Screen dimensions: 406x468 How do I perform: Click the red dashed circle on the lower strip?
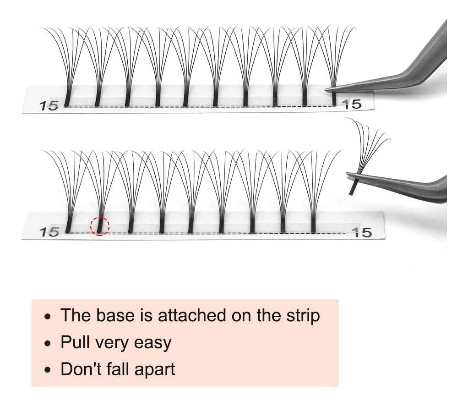(100, 226)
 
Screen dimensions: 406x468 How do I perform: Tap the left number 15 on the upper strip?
(49, 106)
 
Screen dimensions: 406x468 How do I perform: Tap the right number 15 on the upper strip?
(353, 104)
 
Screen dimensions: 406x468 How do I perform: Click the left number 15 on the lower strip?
(49, 232)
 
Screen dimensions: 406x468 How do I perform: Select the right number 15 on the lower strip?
(363, 232)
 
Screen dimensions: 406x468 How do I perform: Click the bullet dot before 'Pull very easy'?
(48, 343)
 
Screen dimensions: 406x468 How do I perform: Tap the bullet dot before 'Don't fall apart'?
(48, 370)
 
